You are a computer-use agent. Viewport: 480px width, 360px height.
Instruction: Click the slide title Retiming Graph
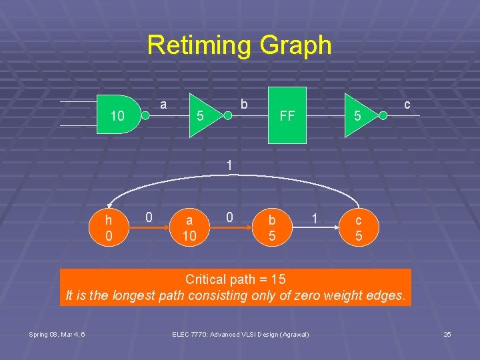239,45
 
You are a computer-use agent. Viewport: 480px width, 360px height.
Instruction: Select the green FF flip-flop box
287,115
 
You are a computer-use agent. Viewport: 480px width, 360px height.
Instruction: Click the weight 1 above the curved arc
229,165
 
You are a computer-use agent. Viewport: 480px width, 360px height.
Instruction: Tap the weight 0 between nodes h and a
149,217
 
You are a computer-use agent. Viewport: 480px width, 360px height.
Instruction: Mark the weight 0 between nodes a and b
229,217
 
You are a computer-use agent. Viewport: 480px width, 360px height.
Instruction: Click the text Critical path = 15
235,279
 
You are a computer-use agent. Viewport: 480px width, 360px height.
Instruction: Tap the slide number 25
447,334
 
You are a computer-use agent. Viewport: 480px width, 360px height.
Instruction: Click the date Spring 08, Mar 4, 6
57,334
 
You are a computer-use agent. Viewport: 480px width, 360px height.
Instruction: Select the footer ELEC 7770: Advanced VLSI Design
240,334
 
